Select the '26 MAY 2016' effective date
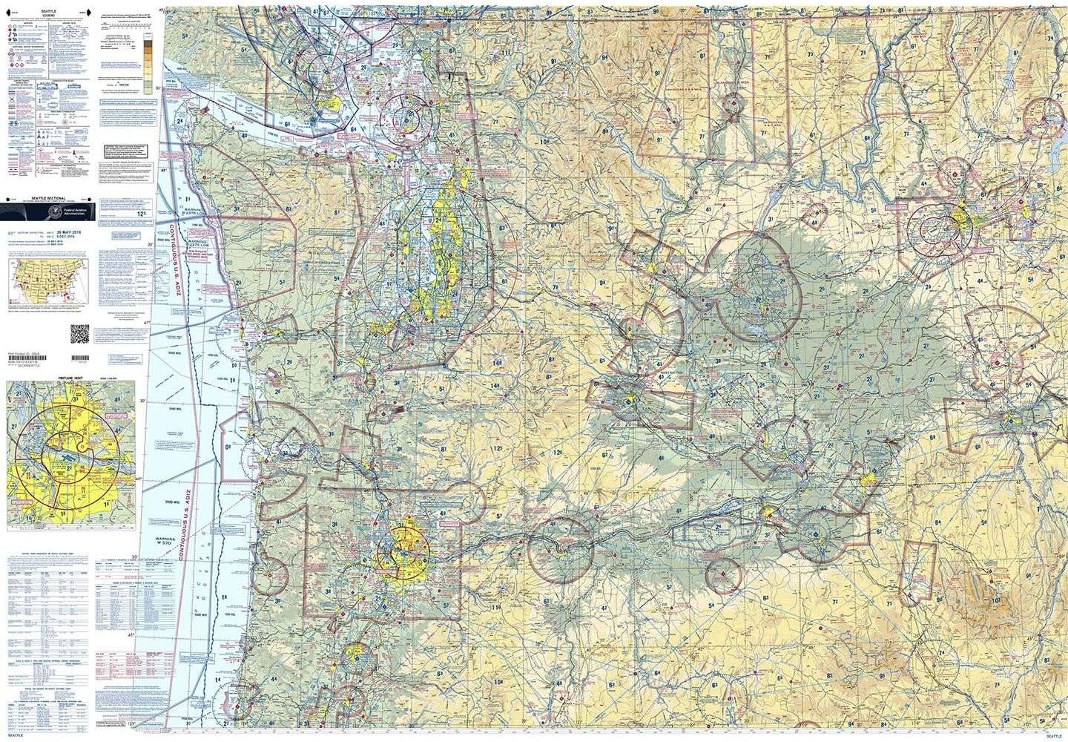pyautogui.click(x=75, y=233)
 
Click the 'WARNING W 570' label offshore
pyautogui.click(x=169, y=545)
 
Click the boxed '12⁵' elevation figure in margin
pyautogui.click(x=142, y=212)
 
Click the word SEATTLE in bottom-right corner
pyautogui.click(x=1052, y=736)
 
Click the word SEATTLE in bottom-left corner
pyautogui.click(x=16, y=736)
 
